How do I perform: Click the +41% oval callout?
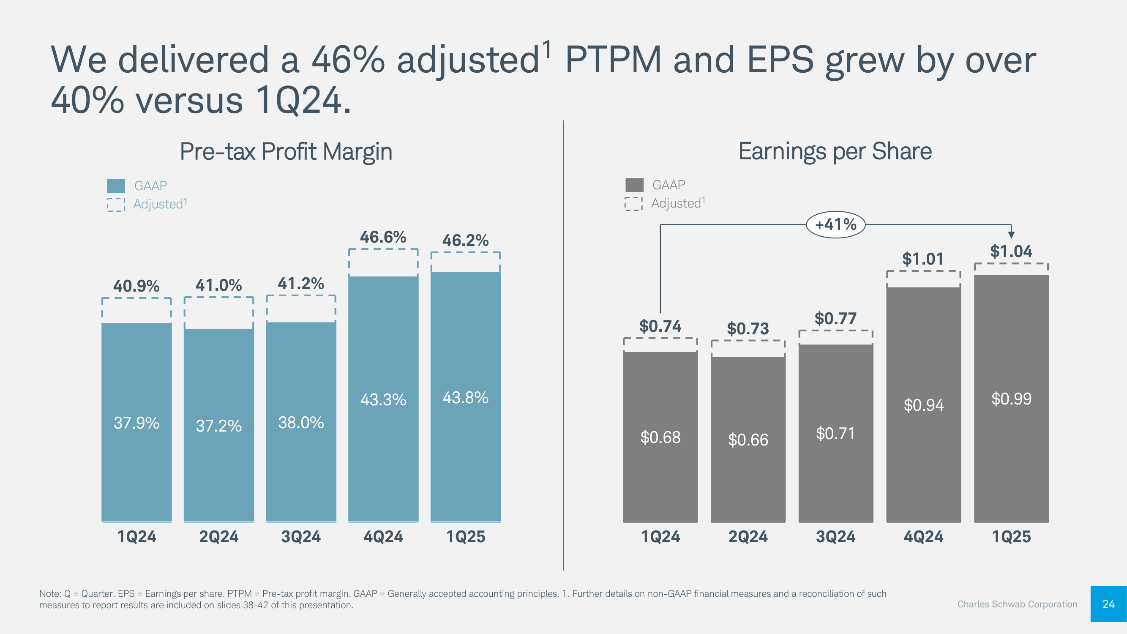point(835,224)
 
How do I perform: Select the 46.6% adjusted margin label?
point(383,237)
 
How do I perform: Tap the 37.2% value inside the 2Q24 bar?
point(219,426)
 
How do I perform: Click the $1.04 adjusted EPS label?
point(1011,251)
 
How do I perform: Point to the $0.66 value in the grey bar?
point(748,440)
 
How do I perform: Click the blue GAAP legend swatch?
point(116,186)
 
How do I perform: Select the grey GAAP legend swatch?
point(634,185)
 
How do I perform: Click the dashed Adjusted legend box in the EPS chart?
point(633,203)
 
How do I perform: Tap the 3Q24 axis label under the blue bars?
point(300,536)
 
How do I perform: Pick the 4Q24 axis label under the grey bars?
point(923,536)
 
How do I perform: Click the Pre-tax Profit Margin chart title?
point(286,151)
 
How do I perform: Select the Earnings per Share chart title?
point(835,151)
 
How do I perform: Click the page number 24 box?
point(1108,604)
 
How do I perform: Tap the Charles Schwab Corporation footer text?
point(1017,604)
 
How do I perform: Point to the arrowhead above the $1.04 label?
point(1011,234)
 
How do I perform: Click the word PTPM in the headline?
point(613,60)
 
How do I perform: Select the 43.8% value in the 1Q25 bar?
point(466,398)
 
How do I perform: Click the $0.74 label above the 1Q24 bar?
point(660,326)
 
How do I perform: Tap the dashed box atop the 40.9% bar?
point(136,310)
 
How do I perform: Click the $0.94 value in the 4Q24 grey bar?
point(923,405)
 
